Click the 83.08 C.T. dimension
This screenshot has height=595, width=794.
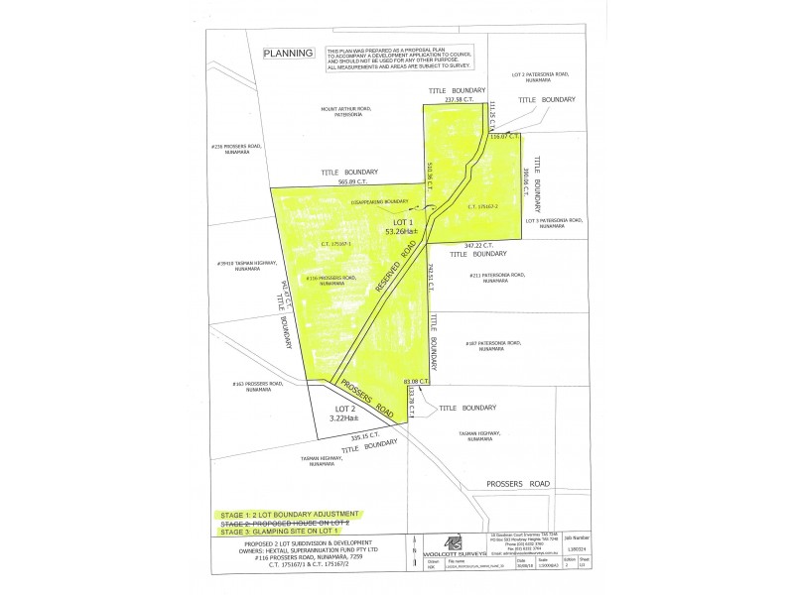tap(415, 380)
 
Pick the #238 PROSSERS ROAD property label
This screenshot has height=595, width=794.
tap(235, 148)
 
